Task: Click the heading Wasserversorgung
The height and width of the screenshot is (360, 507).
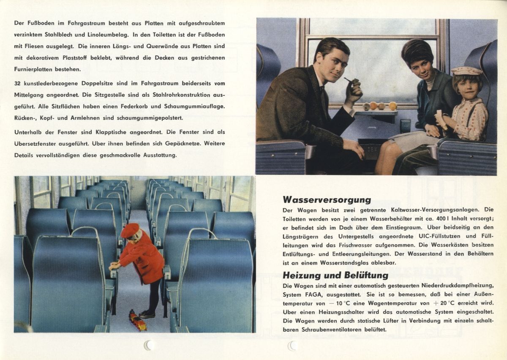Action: click(x=327, y=199)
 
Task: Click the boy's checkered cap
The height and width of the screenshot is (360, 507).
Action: click(x=466, y=71)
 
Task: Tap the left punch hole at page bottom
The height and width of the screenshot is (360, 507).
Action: click(x=148, y=345)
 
